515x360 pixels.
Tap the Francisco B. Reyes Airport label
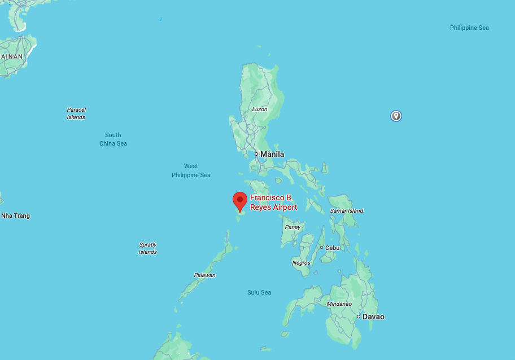273,203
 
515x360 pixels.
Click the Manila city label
272,154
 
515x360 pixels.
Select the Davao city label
373,317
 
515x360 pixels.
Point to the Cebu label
332,247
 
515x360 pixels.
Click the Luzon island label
260,109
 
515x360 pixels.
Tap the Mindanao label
339,304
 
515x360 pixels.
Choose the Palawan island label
205,275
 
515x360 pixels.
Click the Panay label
293,227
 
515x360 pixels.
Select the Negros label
301,262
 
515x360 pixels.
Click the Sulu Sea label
259,292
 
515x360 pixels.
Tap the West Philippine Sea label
191,170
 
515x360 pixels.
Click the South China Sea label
113,139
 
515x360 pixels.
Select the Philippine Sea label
469,28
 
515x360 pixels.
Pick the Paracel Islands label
76,113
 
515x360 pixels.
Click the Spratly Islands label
147,248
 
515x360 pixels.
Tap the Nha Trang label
15,216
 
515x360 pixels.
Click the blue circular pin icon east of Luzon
396,116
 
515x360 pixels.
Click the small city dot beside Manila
256,154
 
